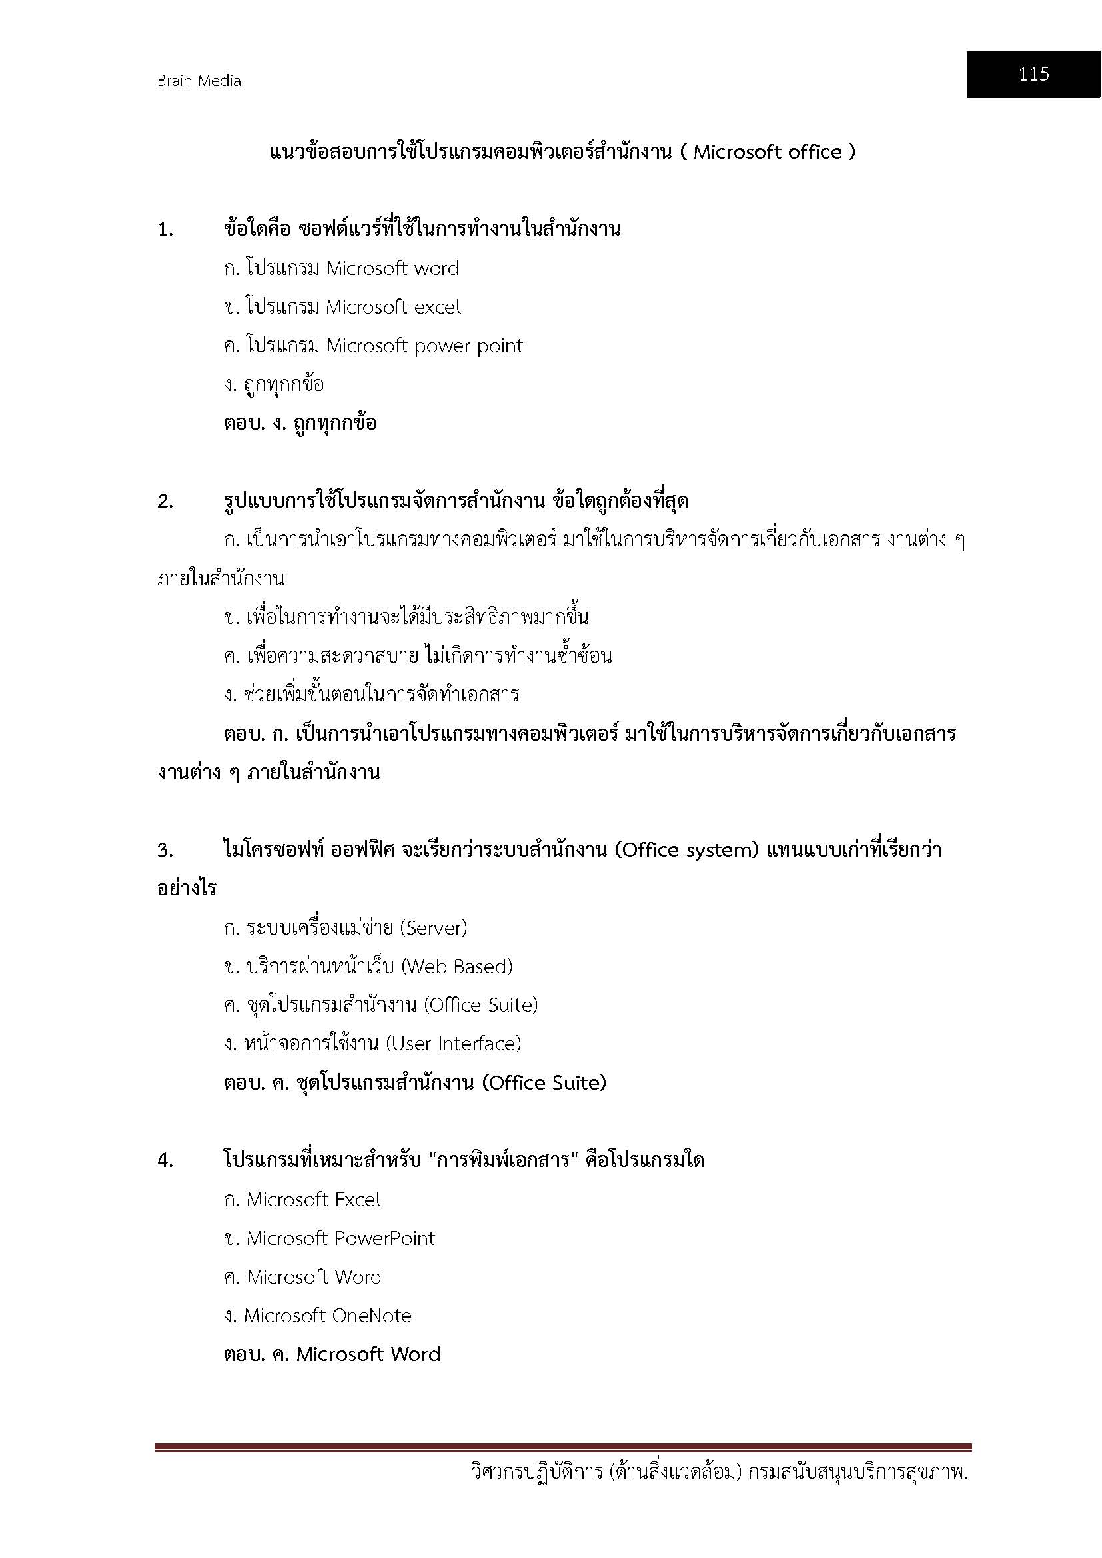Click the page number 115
pyautogui.click(x=1033, y=74)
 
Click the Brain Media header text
pyautogui.click(x=199, y=81)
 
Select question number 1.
pyautogui.click(x=166, y=230)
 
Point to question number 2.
pyautogui.click(x=166, y=502)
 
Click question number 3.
pyautogui.click(x=166, y=850)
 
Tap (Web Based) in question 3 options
pyautogui.click(x=456, y=967)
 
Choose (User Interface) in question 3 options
pyautogui.click(x=453, y=1044)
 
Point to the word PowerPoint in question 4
pyautogui.click(x=384, y=1238)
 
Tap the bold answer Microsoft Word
pyautogui.click(x=368, y=1354)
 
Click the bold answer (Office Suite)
pyautogui.click(x=544, y=1083)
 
